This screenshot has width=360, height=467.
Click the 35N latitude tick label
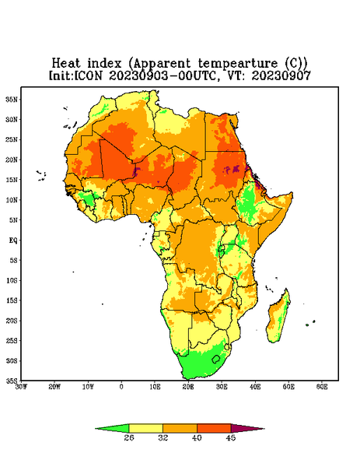pyautogui.click(x=12, y=99)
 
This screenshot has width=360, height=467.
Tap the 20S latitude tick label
pyautogui.click(x=12, y=321)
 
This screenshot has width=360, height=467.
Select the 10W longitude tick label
pyautogui.click(x=88, y=387)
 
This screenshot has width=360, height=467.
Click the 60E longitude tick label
pyautogui.click(x=322, y=387)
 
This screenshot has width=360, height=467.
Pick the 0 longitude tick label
pyautogui.click(x=121, y=387)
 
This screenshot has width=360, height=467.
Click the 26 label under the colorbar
pyautogui.click(x=129, y=437)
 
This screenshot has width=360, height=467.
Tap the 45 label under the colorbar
pyautogui.click(x=231, y=437)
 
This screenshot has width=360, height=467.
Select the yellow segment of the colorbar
pyautogui.click(x=145, y=429)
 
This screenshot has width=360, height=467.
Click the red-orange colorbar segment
pyautogui.click(x=214, y=429)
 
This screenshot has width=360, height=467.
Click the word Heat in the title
pyautogui.click(x=66, y=63)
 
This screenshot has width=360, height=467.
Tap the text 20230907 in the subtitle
pyautogui.click(x=281, y=75)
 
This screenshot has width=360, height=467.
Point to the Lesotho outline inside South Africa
pyautogui.click(x=216, y=359)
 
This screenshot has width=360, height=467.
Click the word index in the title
pyautogui.click(x=104, y=63)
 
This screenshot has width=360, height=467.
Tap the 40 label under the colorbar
pyautogui.click(x=197, y=437)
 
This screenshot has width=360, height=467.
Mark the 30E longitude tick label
pyautogui.click(x=222, y=387)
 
